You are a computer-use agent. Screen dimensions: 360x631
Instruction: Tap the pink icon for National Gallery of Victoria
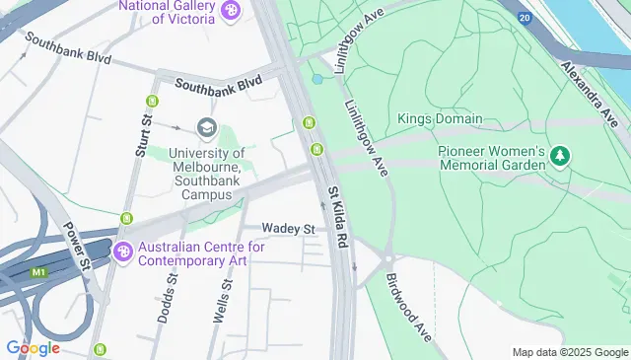(231, 11)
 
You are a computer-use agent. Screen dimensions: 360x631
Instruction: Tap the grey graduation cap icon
(206, 126)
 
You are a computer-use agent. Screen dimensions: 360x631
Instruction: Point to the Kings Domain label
(440, 119)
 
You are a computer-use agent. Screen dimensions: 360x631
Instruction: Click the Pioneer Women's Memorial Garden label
(491, 158)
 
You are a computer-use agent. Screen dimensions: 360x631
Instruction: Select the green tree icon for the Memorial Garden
(560, 155)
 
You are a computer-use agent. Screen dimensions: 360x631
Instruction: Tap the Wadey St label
(287, 229)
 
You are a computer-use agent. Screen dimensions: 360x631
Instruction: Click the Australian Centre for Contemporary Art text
(201, 254)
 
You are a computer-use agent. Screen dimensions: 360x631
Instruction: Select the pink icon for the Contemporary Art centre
(123, 252)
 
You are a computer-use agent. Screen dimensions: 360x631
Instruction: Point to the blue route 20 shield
(523, 18)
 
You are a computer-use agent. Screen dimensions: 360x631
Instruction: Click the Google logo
(33, 347)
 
